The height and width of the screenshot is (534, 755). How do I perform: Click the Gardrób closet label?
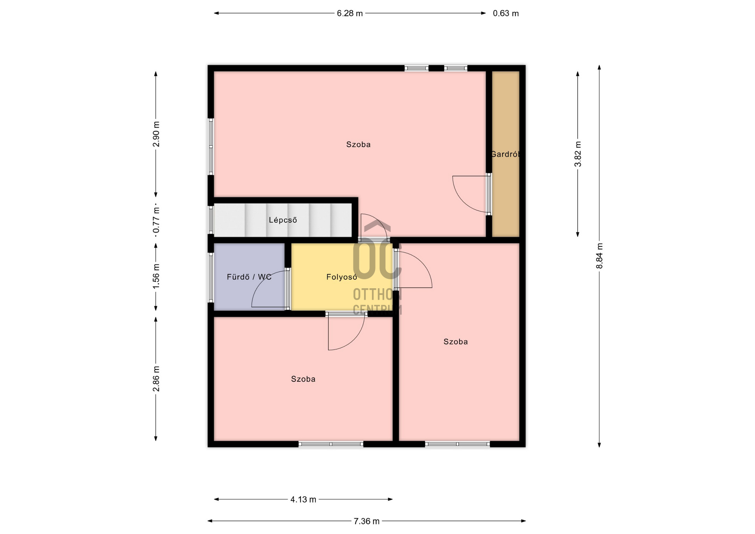pyautogui.click(x=506, y=154)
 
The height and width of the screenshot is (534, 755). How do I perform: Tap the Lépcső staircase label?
pyautogui.click(x=283, y=220)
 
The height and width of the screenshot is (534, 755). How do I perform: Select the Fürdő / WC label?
pyautogui.click(x=249, y=277)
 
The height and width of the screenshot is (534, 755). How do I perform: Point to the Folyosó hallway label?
pyautogui.click(x=342, y=277)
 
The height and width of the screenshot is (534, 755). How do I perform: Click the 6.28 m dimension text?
pyautogui.click(x=350, y=13)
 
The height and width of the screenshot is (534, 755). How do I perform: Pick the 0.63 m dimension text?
pyautogui.click(x=506, y=13)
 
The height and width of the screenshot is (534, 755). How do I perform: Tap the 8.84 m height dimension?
pyautogui.click(x=599, y=256)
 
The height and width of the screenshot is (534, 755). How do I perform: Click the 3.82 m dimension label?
pyautogui.click(x=578, y=154)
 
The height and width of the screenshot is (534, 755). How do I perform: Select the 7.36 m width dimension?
pyautogui.click(x=366, y=521)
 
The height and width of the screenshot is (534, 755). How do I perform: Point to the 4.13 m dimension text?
pyautogui.click(x=303, y=499)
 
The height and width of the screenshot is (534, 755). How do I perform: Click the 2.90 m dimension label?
pyautogui.click(x=156, y=134)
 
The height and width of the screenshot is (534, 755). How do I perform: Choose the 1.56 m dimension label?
pyautogui.click(x=156, y=275)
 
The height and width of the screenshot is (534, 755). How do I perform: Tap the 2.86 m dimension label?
pyautogui.click(x=156, y=379)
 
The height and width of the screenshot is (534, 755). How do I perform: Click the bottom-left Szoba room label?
pyautogui.click(x=303, y=379)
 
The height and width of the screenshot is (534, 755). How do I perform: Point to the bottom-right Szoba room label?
pyautogui.click(x=456, y=342)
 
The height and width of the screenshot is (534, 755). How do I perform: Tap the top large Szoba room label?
pyautogui.click(x=358, y=144)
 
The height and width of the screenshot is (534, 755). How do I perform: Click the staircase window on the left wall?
pyautogui.click(x=211, y=220)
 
